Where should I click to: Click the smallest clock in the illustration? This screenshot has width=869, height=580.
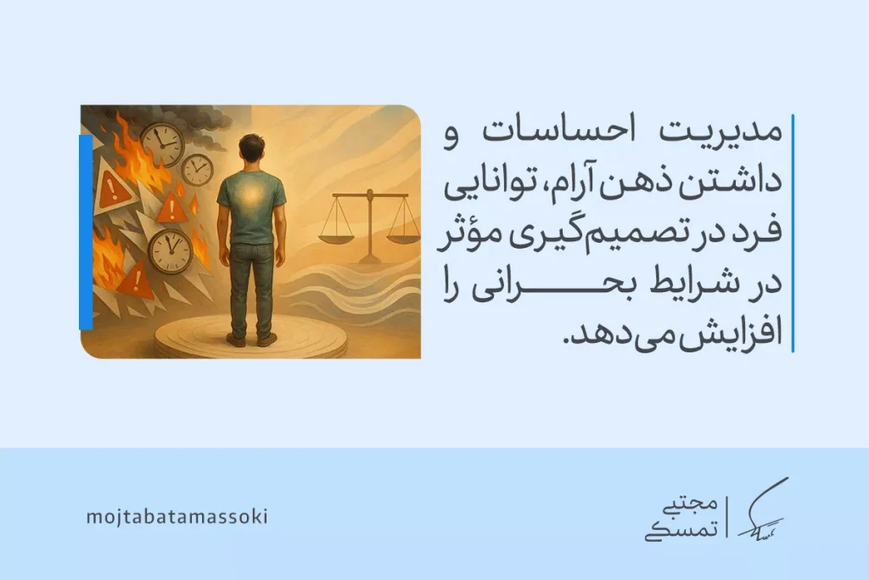point(197,170)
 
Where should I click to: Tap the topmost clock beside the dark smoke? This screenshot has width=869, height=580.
point(161,144)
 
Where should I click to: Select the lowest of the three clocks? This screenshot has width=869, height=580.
point(170,251)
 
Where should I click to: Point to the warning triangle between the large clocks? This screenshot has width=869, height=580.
point(173,206)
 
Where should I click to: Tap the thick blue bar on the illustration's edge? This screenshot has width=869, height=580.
point(85,231)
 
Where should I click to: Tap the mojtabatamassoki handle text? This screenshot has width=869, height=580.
point(177,516)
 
